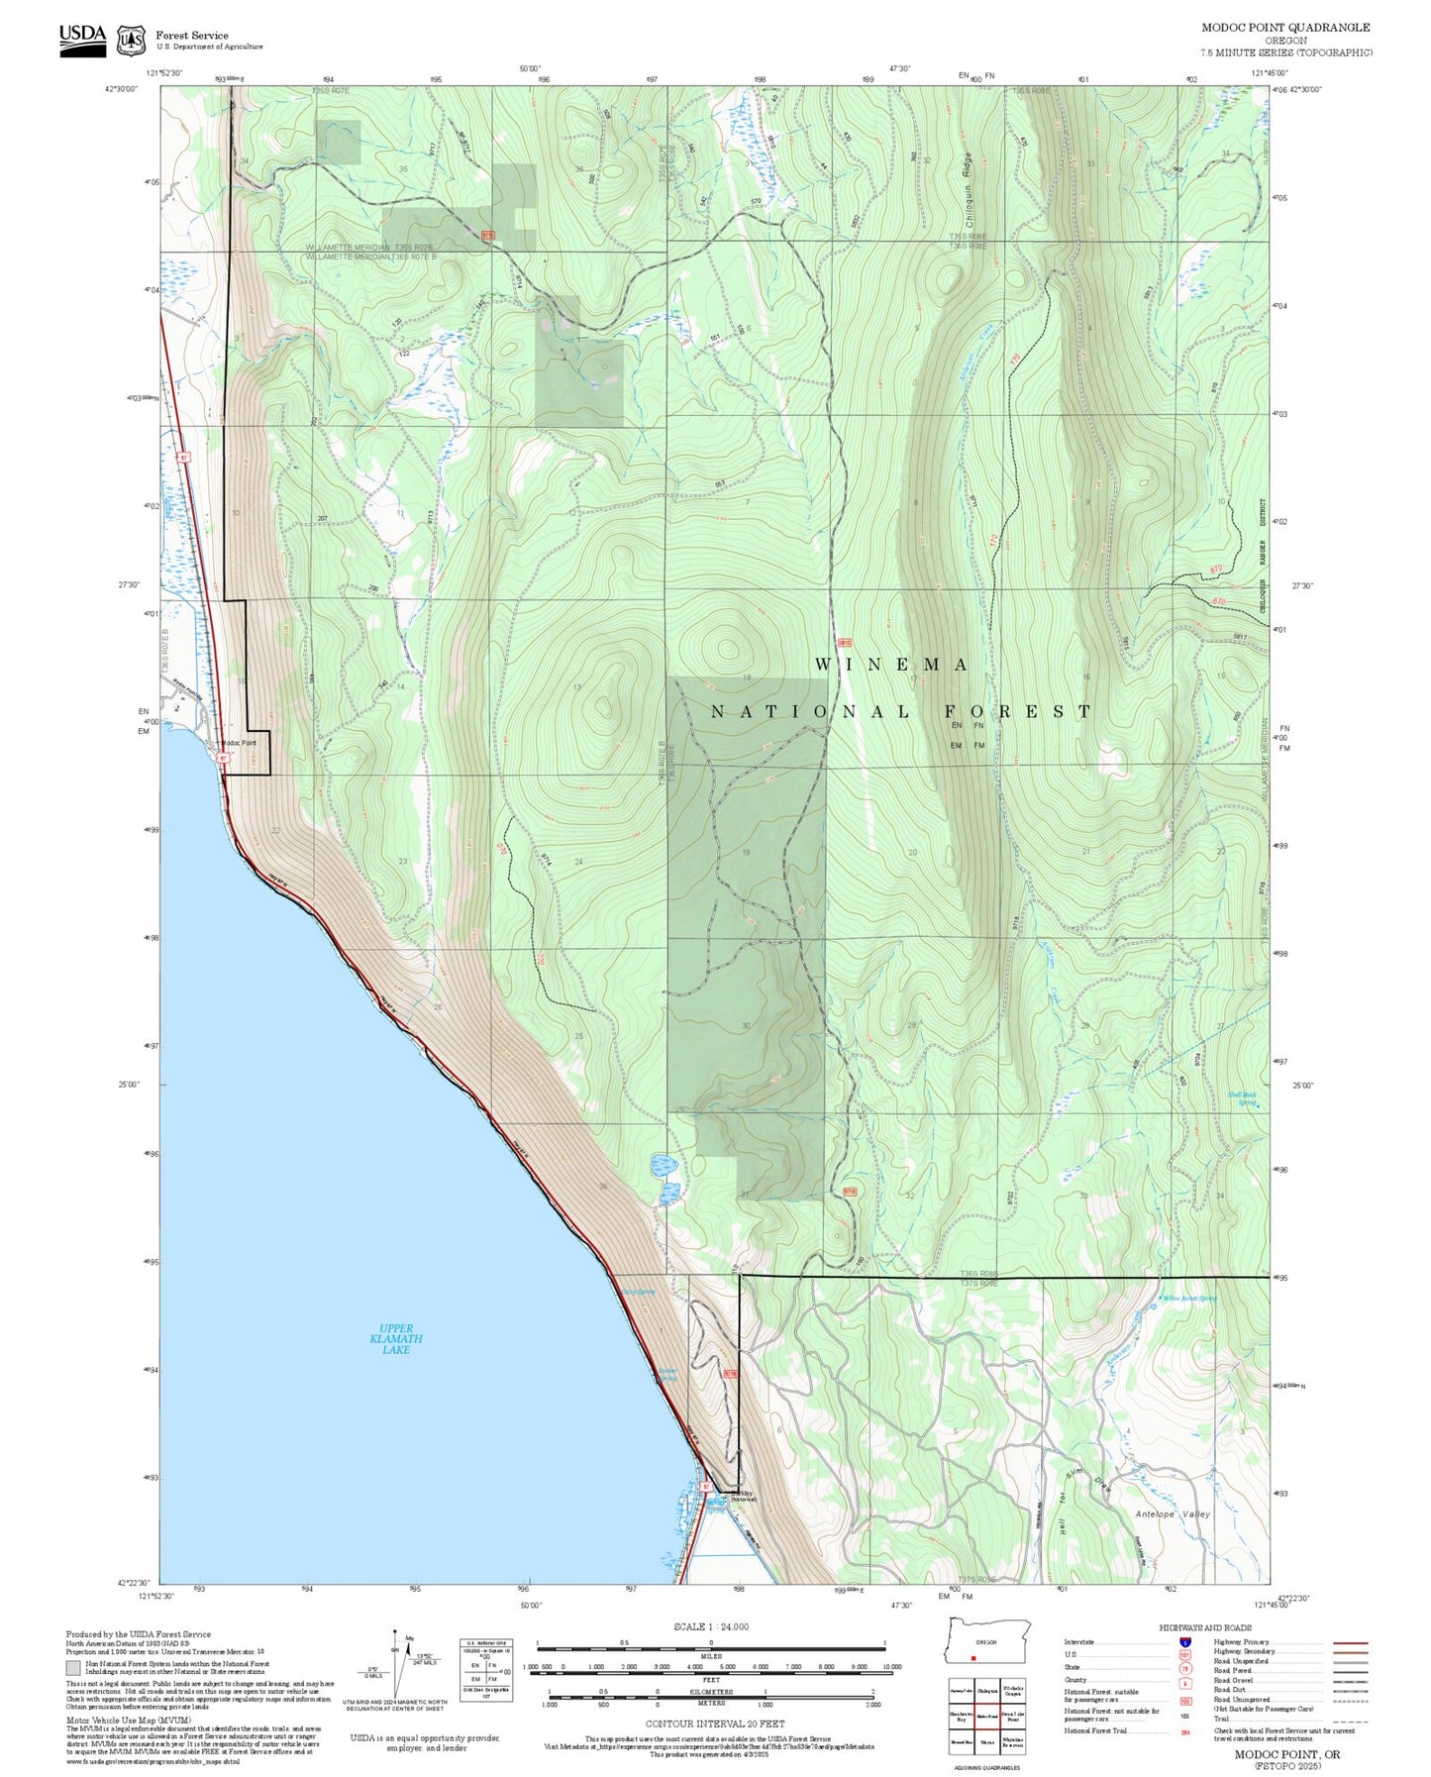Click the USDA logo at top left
pos(82,40)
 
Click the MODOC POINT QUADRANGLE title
pos(1285,28)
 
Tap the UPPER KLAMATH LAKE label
pos(396,1339)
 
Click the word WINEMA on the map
pos(891,665)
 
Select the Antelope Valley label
pos(1173,1515)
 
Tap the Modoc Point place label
pos(238,743)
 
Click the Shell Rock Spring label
pos(1242,1098)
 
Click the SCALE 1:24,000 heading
pos(710,1626)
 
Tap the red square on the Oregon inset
pos(974,1658)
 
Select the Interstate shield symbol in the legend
pos(1185,1642)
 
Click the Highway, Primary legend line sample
pos(1351,1642)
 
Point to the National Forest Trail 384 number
pos(1185,1731)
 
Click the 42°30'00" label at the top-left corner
pos(121,89)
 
